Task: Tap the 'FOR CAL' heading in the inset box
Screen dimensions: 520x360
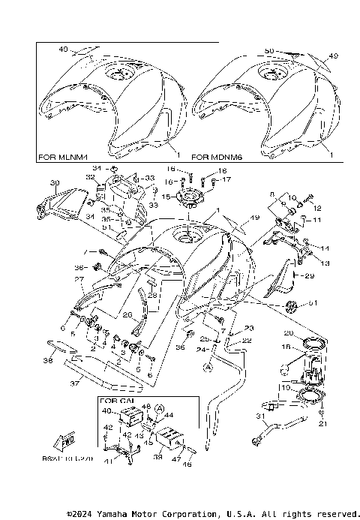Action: click(x=115, y=401)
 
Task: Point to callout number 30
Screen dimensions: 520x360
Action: click(x=33, y=183)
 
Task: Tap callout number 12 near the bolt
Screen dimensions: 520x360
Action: click(x=316, y=208)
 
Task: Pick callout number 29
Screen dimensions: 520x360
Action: click(x=307, y=276)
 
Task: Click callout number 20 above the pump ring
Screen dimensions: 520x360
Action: click(x=288, y=333)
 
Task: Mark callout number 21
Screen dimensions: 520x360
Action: click(x=323, y=424)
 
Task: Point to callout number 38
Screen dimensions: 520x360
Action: click(x=47, y=361)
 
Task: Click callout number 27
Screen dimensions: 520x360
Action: click(x=77, y=280)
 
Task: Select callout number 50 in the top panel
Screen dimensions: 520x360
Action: click(x=268, y=50)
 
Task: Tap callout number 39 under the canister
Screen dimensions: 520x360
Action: click(x=157, y=455)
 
